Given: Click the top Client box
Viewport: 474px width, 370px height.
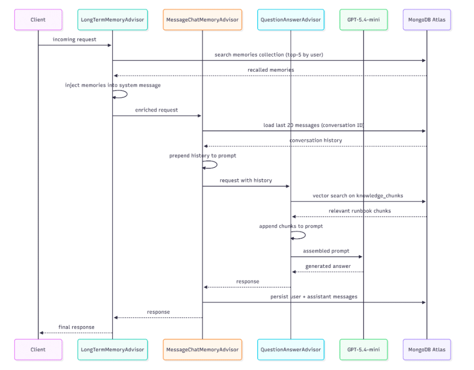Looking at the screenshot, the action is pos(38,19).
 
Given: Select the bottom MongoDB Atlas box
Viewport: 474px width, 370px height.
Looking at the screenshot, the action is pos(427,350).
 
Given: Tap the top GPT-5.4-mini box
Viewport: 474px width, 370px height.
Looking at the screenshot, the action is pos(363,19).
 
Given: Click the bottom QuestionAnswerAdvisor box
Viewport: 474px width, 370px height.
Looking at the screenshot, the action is pos(290,350).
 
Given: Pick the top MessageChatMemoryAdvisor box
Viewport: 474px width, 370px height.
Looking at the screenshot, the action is pos(202,19).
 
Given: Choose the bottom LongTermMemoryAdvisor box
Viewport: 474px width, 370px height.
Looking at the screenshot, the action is pos(112,350).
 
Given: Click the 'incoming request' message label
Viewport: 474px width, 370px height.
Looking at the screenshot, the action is pos(74,39).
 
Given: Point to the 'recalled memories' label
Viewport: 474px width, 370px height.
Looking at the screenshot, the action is pos(270,70).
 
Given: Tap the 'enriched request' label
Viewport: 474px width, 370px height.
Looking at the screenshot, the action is pos(156,110).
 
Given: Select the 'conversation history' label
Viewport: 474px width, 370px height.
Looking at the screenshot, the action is pos(316,140).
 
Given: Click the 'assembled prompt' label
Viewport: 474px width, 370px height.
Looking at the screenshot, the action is pos(326,251).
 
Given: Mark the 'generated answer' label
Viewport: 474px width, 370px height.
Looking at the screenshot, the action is pos(328,266).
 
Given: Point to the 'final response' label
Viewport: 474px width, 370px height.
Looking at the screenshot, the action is pos(76,327).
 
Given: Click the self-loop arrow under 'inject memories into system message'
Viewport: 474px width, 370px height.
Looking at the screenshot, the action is pos(127,94).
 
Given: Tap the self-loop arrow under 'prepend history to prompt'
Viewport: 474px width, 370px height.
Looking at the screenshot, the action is pos(217,165).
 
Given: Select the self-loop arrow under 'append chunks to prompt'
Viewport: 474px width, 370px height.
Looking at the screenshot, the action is pos(305,235).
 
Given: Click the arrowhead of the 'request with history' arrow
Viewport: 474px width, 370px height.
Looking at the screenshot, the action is pos(288,186).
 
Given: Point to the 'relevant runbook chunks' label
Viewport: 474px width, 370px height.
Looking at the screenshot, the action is pos(360,211).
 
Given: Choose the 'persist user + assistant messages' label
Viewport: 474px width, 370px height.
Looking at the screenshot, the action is pos(314,297).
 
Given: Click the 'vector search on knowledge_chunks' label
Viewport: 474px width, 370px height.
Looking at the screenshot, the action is pos(358,196).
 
